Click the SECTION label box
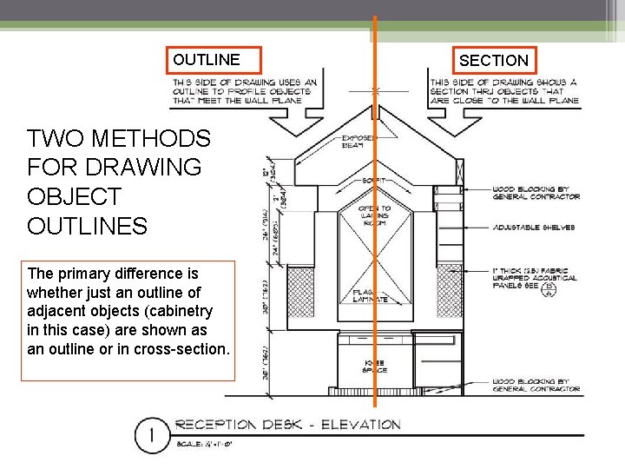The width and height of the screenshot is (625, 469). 493,60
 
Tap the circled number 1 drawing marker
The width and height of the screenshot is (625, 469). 153,434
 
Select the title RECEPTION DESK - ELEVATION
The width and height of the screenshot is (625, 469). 288,425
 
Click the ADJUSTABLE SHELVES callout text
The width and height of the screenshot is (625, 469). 534,228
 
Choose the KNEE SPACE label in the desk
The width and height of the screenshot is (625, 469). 374,366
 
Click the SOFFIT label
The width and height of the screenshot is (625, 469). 374,180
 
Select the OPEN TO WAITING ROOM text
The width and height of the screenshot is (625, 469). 374,215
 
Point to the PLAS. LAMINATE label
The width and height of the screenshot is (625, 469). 371,296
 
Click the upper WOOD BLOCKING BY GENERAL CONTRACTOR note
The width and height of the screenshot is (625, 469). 536,193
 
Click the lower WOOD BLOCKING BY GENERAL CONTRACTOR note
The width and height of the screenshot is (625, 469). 536,384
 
